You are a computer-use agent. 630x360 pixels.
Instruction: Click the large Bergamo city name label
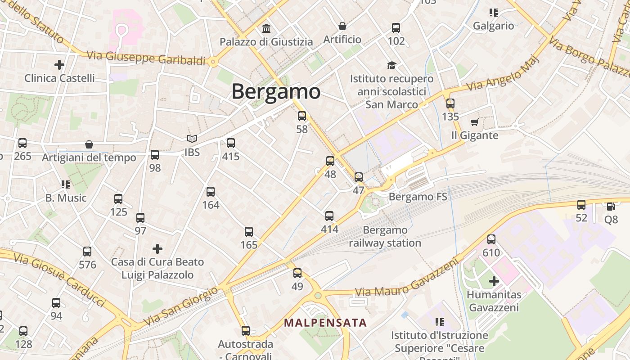pos(276,91)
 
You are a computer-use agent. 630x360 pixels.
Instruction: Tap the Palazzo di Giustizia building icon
pos(266,29)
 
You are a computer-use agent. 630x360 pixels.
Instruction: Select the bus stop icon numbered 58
pos(302,116)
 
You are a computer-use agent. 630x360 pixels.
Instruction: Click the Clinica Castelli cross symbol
pos(59,65)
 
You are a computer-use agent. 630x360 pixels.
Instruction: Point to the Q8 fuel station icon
pos(611,207)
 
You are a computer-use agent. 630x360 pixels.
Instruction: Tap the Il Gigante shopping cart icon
pos(474,122)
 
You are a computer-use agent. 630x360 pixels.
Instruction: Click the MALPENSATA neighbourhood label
pos(325,323)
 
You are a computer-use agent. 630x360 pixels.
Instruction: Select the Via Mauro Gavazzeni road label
pos(407,279)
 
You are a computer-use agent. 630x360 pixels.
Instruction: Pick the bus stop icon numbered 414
pos(329,216)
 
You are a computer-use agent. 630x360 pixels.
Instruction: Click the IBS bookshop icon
pos(192,139)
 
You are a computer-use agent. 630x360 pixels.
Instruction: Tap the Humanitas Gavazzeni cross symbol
pos(494,282)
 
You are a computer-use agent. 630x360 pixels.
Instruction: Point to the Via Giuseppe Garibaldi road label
pos(146,58)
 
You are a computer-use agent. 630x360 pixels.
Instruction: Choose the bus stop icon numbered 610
pos(491,239)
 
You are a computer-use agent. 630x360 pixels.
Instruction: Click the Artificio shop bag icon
pos(342,26)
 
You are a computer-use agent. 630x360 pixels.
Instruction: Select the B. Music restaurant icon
pos(66,184)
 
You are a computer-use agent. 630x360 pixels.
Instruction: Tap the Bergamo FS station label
pos(418,197)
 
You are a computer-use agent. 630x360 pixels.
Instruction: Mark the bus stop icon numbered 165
pos(249,232)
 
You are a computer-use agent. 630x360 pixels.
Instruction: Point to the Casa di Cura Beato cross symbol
pos(157,248)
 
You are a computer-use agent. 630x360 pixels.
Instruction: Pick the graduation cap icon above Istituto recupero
pos(391,65)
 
